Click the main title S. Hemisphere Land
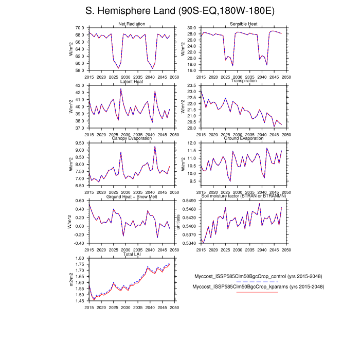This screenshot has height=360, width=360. click(179, 11)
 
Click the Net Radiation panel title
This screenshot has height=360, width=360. click(132, 24)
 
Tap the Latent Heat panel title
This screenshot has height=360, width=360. click(132, 81)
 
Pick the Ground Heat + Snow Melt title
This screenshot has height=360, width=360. click(132, 196)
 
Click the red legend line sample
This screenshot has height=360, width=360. click(257, 292)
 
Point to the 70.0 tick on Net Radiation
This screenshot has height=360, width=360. click(80, 28)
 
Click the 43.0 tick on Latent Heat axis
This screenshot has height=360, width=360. click(80, 85)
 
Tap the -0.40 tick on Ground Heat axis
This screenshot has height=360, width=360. click(79, 243)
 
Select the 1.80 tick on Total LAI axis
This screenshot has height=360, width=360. click(80, 258)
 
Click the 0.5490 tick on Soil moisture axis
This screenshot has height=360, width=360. click(189, 201)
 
